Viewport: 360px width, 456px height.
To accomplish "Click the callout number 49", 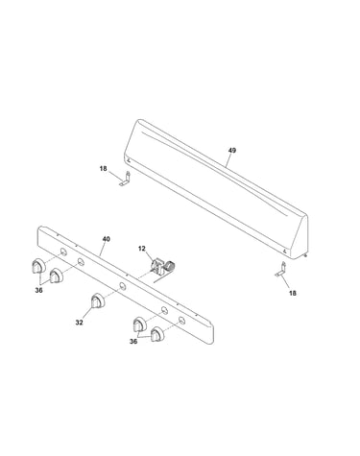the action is point(232,150).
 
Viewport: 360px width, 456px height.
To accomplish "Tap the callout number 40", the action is point(107,239).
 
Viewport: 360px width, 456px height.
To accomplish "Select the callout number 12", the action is point(142,249).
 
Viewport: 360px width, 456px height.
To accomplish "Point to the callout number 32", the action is point(79,323).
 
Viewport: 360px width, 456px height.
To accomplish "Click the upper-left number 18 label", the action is point(103,168).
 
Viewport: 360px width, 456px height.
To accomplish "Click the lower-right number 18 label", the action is point(293,293).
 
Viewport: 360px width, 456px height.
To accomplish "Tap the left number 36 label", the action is point(38,290).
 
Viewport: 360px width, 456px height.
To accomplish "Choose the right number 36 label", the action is point(133,342).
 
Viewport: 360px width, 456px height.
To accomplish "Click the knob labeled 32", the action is point(98,301).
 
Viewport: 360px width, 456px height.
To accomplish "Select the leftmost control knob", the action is point(38,266).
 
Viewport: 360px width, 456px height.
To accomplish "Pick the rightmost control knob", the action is point(157,334).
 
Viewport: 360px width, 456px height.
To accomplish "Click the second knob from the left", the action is point(57,276).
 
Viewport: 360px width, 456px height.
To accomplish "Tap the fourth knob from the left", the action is point(139,324).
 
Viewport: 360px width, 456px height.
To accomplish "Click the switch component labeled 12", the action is point(163,267).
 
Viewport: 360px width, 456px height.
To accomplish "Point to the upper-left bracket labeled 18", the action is point(125,180).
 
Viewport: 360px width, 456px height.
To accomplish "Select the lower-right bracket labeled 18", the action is point(280,270).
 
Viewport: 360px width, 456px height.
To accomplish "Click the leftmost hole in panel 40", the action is point(63,252).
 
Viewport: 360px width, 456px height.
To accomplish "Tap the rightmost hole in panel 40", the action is point(181,320).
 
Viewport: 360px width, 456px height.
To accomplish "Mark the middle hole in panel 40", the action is point(122,285).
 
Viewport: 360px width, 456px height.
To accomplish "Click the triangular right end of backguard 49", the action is point(300,237).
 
